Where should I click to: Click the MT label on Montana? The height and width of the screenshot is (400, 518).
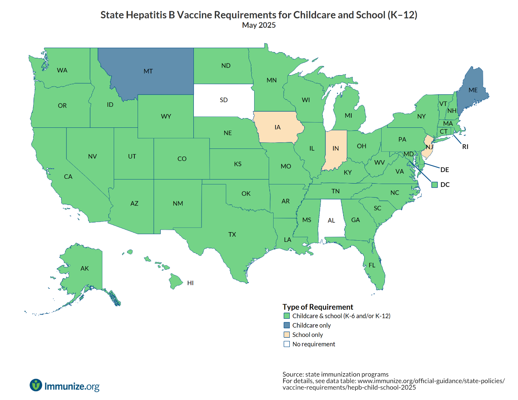(148, 71)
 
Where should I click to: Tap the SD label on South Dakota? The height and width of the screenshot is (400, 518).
(224, 100)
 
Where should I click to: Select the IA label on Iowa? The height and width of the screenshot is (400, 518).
(278, 127)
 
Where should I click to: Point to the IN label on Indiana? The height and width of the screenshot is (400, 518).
(335, 148)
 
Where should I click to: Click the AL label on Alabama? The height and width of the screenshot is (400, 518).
(331, 220)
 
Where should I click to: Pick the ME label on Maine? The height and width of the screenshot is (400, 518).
(473, 90)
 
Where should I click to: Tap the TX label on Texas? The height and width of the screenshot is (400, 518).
(232, 235)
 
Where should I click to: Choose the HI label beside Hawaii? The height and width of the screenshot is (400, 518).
(191, 283)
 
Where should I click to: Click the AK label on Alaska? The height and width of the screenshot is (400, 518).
(85, 269)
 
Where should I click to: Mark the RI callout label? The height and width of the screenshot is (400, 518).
(465, 147)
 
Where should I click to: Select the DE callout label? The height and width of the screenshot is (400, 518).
(445, 170)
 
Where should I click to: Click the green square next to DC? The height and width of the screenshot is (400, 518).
(435, 185)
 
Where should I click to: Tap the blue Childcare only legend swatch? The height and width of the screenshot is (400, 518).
(287, 326)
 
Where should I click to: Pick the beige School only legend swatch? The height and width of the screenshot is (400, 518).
(287, 335)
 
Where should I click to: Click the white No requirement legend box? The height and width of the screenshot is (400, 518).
(287, 344)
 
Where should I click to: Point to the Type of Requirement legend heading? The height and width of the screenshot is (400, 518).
(318, 307)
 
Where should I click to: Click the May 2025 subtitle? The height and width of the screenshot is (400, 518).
(259, 25)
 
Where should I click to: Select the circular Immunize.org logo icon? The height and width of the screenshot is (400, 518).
(36, 385)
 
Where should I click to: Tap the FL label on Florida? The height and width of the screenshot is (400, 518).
(372, 265)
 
